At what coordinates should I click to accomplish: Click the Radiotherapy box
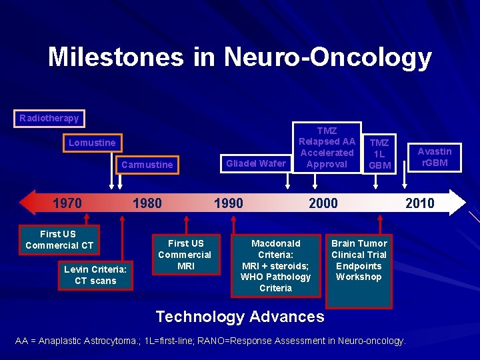pyautogui.click(x=49, y=119)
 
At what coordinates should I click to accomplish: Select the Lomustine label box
pyautogui.click(x=92, y=143)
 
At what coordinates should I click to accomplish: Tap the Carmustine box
pyautogui.click(x=147, y=165)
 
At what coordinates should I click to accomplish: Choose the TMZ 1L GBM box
pyautogui.click(x=379, y=154)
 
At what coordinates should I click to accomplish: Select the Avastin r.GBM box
pyautogui.click(x=434, y=157)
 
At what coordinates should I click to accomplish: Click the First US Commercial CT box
pyautogui.click(x=59, y=240)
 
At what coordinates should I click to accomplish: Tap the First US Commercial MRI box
pyautogui.click(x=185, y=255)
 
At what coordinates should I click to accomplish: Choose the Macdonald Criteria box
pyautogui.click(x=275, y=265)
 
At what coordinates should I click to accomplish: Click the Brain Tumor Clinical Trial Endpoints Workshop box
pyautogui.click(x=359, y=260)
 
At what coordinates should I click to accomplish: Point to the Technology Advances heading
pyautogui.click(x=239, y=317)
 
